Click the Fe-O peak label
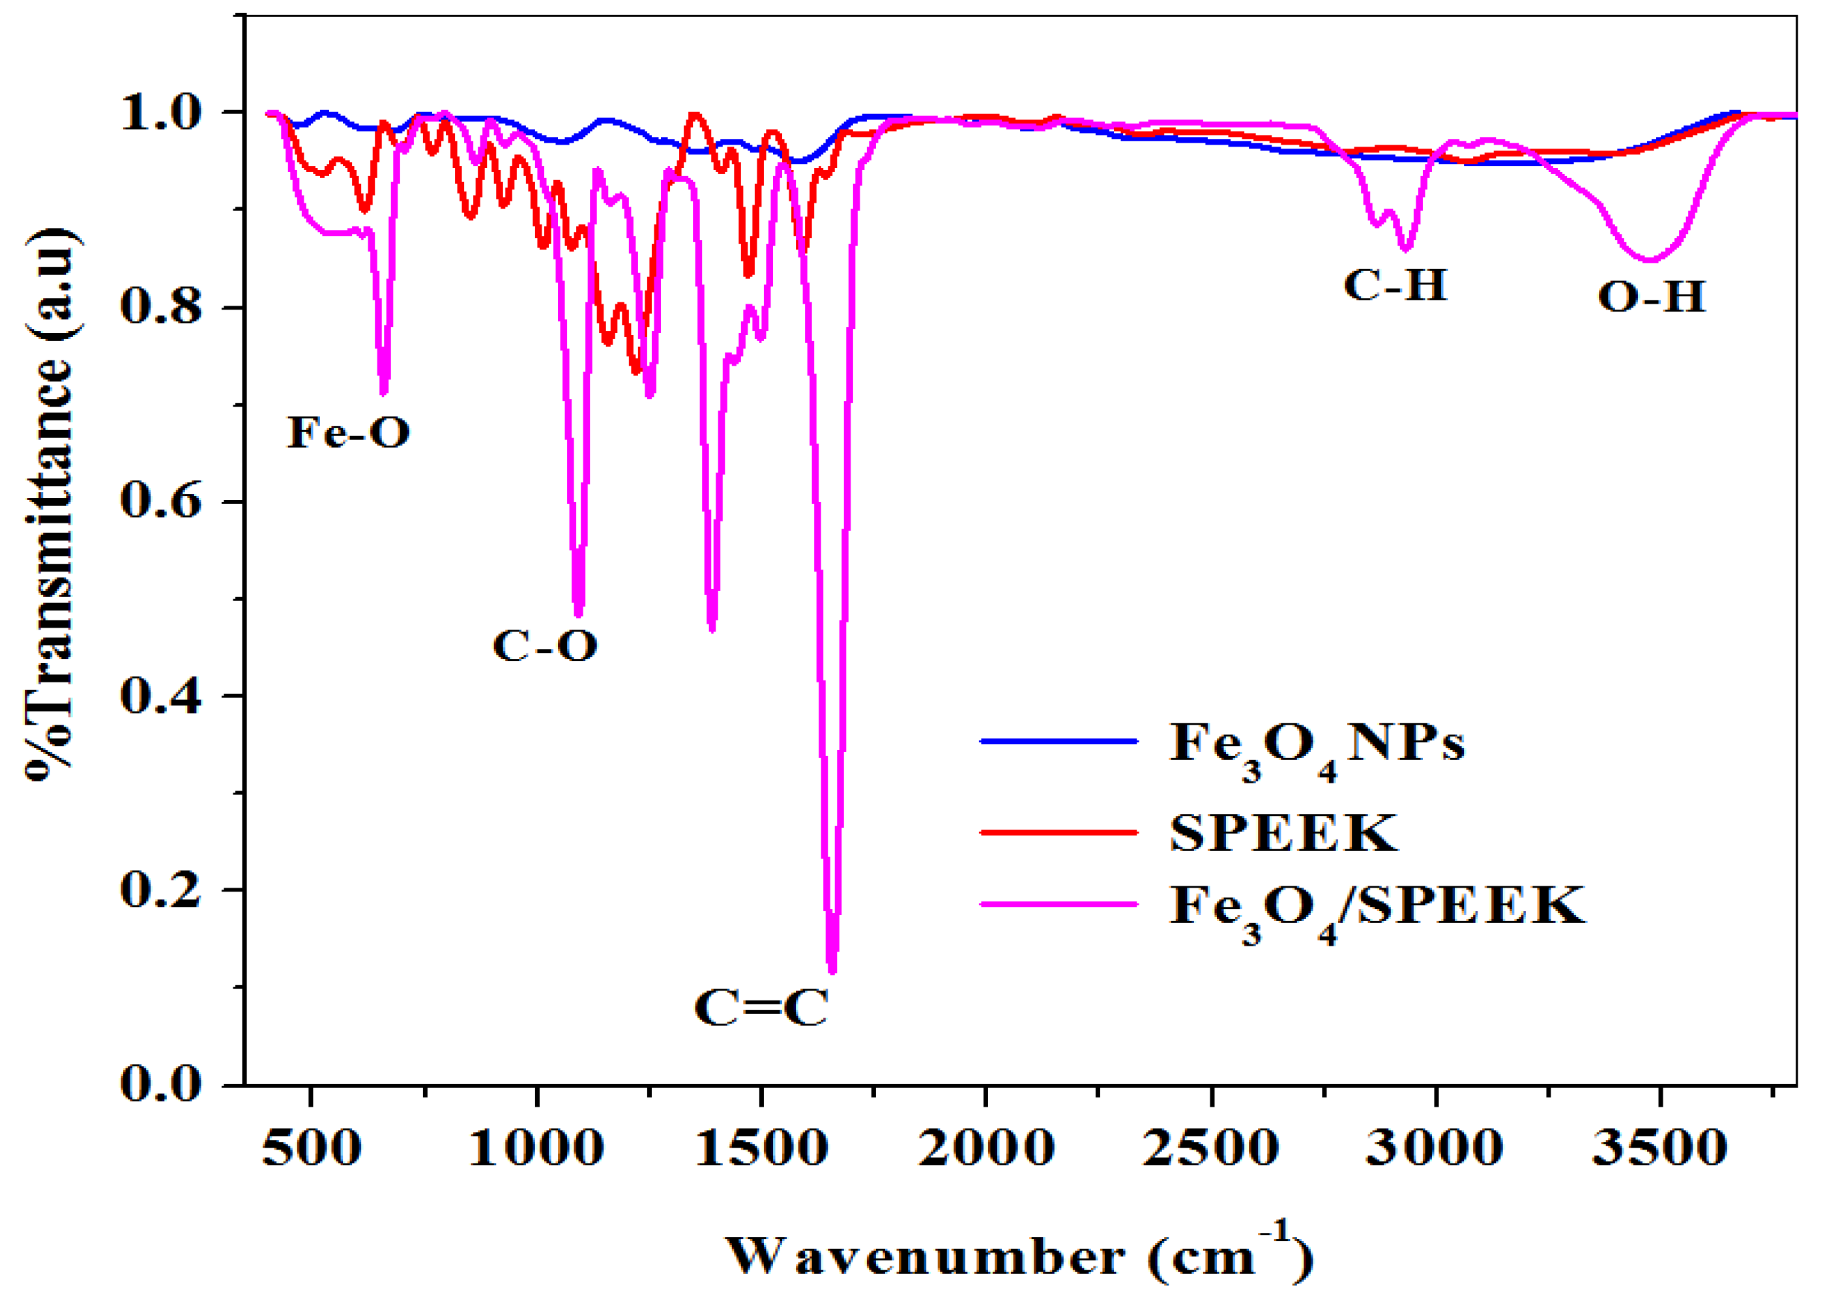pos(349,433)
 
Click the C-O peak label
pos(546,645)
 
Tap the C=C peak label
pos(761,1008)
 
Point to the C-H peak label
pos(1395,285)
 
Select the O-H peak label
pos(1652,297)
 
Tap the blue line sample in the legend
pos(1058,742)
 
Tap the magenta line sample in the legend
pos(1058,904)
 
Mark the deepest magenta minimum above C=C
pos(832,970)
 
